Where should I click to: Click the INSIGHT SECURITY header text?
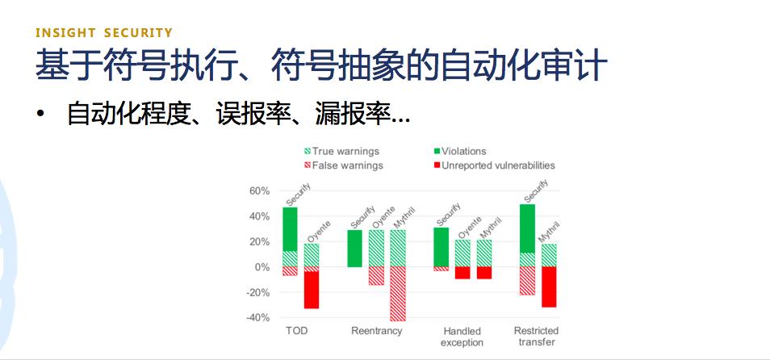click(x=104, y=33)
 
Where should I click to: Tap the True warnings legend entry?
click(x=341, y=151)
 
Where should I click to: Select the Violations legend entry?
click(x=459, y=151)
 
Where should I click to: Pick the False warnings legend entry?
click(x=343, y=165)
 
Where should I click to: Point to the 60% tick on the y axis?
click(x=259, y=191)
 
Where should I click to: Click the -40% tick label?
click(x=257, y=318)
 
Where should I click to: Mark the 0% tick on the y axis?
click(x=262, y=267)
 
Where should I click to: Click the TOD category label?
click(x=296, y=331)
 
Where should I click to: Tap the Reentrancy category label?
click(x=377, y=331)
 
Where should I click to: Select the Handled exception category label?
click(x=462, y=337)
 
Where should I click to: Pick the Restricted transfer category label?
click(x=536, y=337)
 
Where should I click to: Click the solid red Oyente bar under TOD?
click(x=312, y=290)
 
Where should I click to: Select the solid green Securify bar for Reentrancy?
click(x=354, y=249)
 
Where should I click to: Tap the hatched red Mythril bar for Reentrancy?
click(x=398, y=294)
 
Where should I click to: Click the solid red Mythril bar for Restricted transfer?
click(x=549, y=287)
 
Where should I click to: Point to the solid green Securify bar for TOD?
click(x=290, y=229)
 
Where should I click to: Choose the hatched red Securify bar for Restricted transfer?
click(x=527, y=280)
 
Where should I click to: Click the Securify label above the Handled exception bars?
click(x=448, y=215)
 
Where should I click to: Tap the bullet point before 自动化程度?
click(x=40, y=114)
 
